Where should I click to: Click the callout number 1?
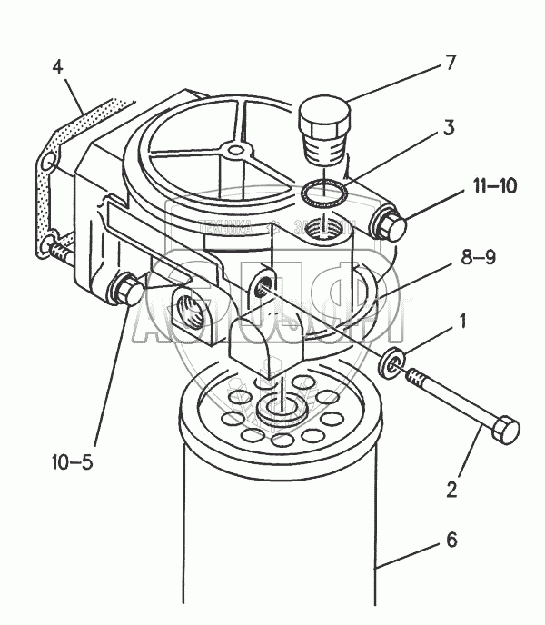point(463,321)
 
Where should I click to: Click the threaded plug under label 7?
point(324,134)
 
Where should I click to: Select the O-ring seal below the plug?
point(323,193)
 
